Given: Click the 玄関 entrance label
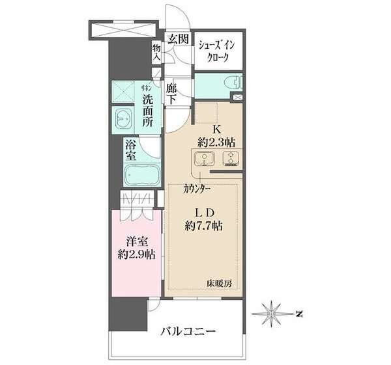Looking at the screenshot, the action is click(177, 39).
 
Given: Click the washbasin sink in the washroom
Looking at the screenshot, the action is click(123, 120).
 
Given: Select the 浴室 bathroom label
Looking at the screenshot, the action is click(130, 150).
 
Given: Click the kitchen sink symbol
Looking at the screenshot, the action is click(204, 158).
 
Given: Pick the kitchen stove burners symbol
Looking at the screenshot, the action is click(231, 158).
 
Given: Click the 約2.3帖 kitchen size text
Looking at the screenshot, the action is click(216, 142).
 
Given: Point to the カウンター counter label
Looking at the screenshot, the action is click(197, 189).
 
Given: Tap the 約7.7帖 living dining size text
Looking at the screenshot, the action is click(204, 226).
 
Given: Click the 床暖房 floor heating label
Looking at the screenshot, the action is click(220, 284).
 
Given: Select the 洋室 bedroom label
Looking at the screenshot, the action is click(137, 241).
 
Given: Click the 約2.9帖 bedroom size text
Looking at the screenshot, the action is click(137, 255).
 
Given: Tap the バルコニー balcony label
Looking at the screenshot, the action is click(188, 331).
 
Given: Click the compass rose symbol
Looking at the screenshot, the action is click(271, 314).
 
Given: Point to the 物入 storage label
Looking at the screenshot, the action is click(157, 53).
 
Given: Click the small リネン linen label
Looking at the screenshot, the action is click(147, 88).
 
